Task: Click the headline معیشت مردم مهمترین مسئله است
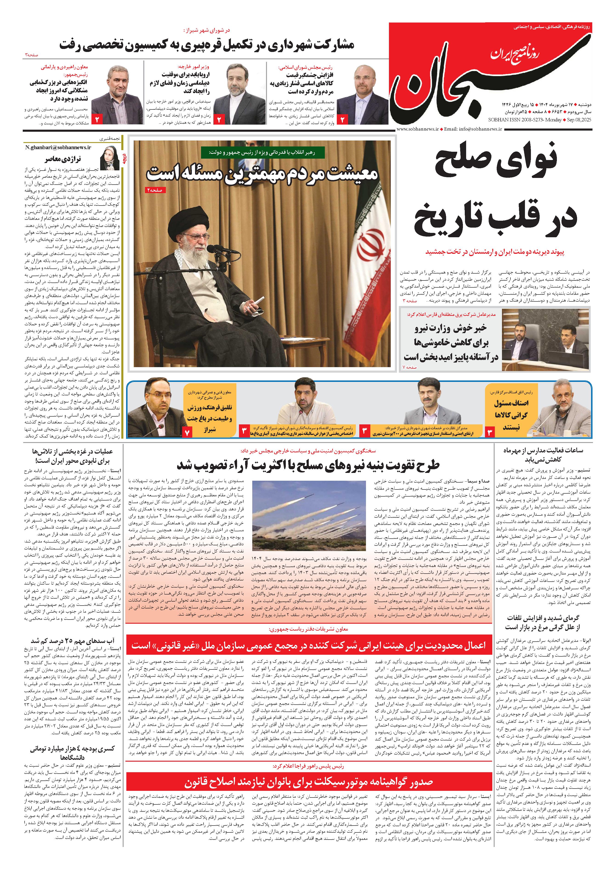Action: click(262, 173)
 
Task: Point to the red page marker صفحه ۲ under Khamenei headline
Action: click(155, 190)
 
